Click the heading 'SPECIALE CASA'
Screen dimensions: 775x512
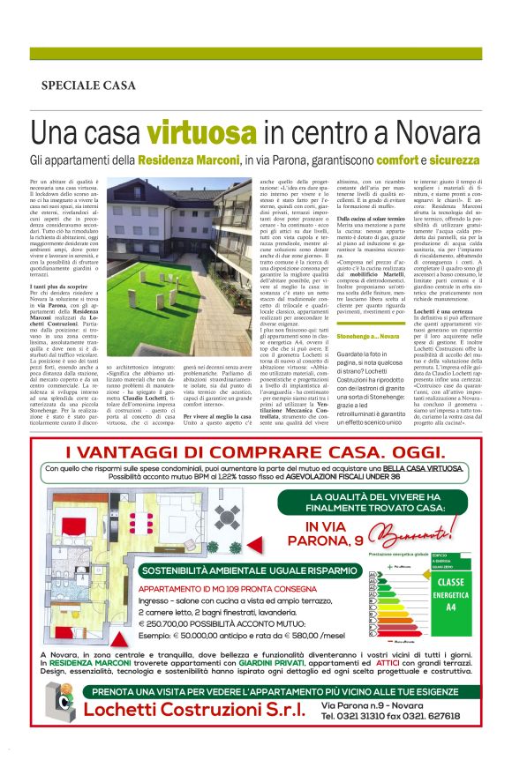click(x=88, y=86)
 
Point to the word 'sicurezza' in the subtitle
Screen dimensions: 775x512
click(x=450, y=161)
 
